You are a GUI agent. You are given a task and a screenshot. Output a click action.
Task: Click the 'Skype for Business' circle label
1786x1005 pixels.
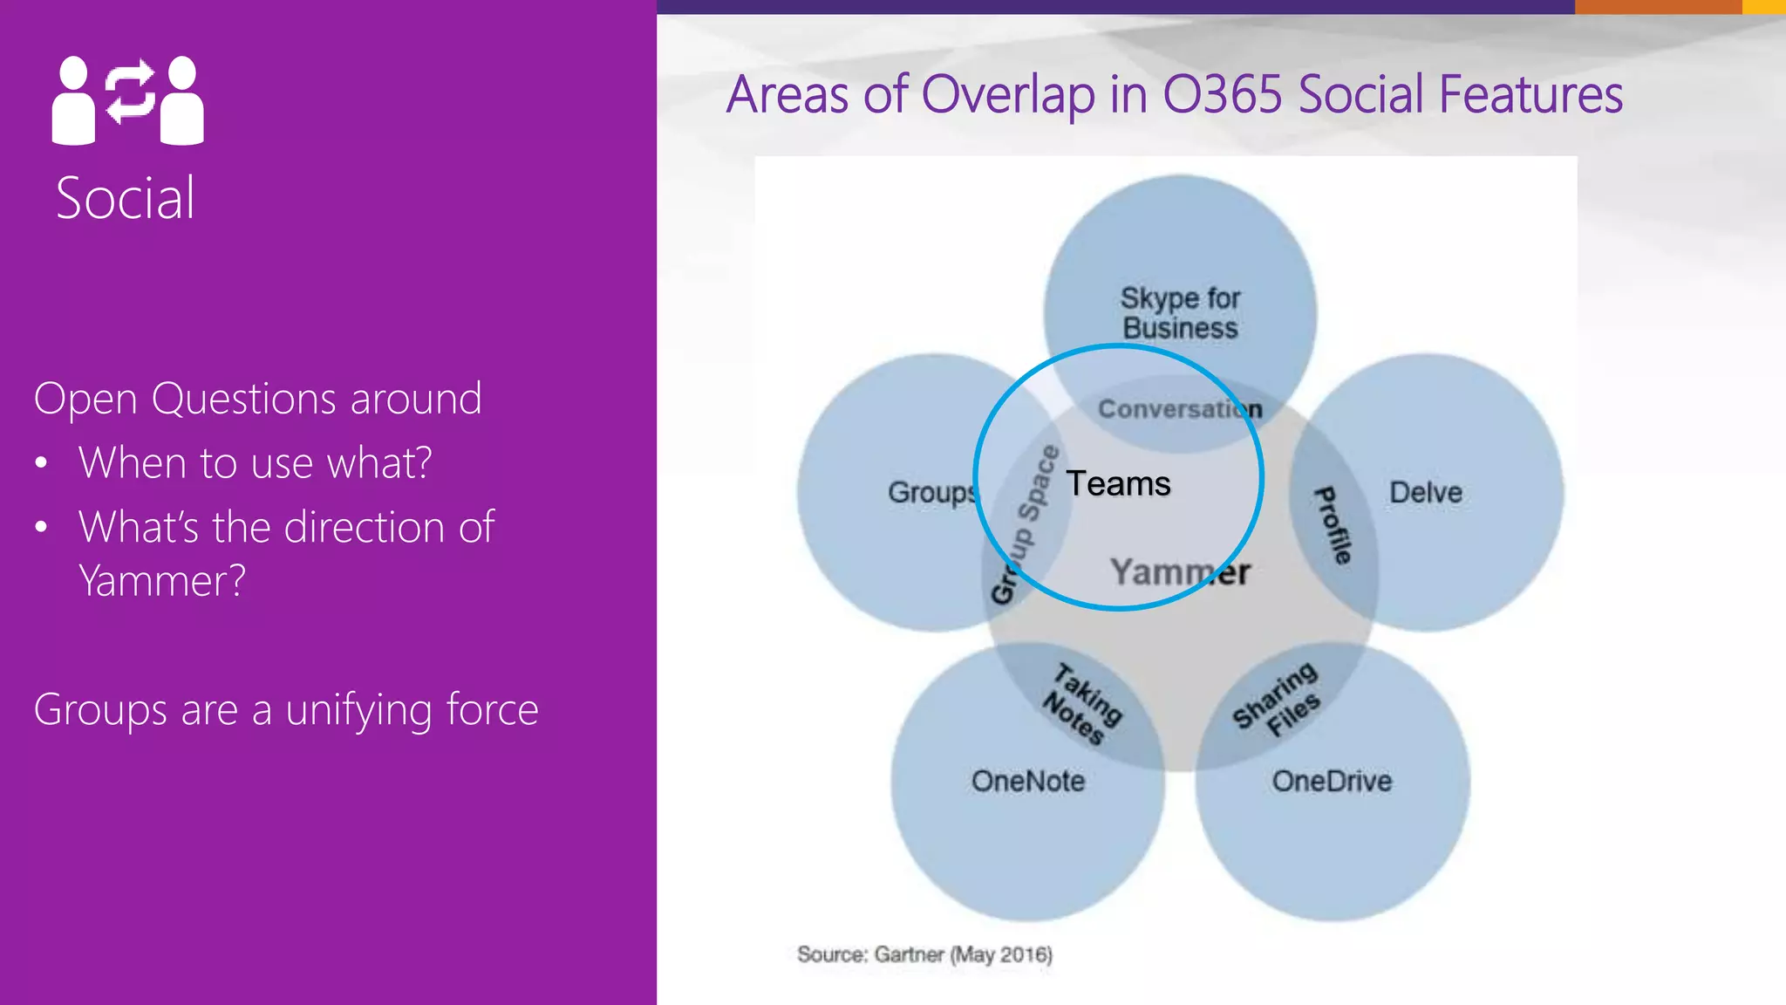coord(1180,312)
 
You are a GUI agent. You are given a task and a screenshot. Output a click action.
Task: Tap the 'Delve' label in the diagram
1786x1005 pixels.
coord(1425,492)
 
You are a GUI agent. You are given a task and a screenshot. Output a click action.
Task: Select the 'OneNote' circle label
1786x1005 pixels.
coord(1027,781)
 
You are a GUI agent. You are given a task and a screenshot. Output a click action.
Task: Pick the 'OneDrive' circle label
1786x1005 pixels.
coord(1332,781)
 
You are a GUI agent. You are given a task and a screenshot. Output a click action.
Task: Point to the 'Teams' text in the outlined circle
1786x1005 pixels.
coord(1118,483)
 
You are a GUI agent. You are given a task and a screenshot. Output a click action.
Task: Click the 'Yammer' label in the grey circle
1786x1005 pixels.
coord(1180,572)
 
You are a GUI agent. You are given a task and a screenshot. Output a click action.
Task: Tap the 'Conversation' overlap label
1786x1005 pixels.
coord(1179,409)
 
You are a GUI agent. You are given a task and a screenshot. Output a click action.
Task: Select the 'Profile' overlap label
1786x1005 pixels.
coord(1333,525)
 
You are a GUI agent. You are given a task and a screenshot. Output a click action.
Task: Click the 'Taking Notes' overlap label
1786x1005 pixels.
coord(1082,704)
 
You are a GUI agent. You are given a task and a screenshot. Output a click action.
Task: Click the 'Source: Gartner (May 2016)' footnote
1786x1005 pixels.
coord(924,954)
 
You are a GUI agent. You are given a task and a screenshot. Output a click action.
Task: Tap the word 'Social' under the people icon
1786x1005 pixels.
coord(126,198)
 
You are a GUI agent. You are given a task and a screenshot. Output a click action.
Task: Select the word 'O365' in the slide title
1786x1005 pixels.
coord(1223,94)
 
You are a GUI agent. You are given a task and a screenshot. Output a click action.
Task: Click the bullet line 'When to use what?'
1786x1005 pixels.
coord(255,462)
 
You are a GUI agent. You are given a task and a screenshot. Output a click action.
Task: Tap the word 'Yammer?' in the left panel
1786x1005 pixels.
coord(162,580)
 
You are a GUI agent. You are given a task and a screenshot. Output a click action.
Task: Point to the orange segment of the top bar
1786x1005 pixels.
coord(1657,6)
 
